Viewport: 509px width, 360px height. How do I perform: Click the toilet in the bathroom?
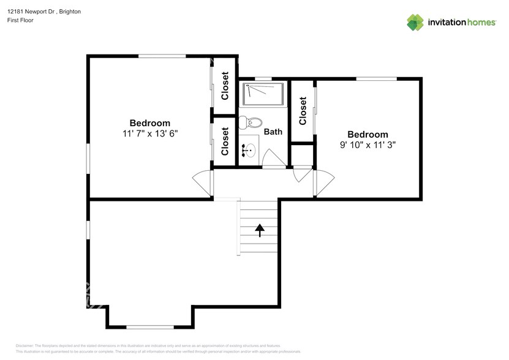[250, 121]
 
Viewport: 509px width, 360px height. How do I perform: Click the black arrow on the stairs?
[259, 230]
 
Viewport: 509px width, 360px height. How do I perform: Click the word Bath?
[273, 132]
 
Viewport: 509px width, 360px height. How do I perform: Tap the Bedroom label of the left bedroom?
[150, 122]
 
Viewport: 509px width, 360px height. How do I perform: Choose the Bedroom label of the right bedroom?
[368, 135]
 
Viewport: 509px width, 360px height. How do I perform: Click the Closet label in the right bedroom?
[303, 111]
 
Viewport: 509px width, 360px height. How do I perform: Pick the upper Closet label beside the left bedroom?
[225, 86]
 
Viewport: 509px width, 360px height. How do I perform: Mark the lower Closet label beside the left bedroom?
[225, 141]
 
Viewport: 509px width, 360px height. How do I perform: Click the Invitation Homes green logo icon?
[416, 22]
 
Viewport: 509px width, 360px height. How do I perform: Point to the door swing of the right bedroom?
[325, 182]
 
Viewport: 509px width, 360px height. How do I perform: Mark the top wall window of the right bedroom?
[376, 78]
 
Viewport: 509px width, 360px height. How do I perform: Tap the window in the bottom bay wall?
[149, 326]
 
